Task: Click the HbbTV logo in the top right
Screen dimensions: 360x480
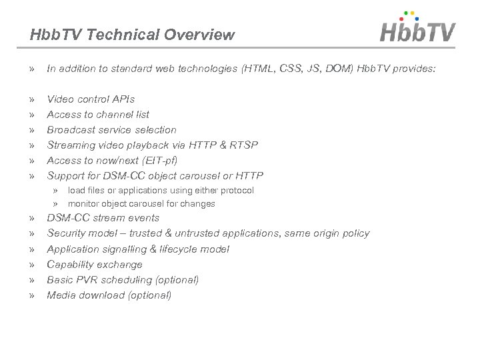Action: coord(418,29)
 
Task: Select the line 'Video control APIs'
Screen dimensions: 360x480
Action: coord(91,99)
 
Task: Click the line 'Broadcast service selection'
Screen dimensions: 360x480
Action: coord(111,129)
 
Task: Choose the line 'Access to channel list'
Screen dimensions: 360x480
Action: coord(98,115)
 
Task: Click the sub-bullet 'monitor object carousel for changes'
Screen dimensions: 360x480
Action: coord(141,203)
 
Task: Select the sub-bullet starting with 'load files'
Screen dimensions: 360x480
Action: coord(161,190)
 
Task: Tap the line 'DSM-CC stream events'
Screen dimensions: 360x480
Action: coord(103,218)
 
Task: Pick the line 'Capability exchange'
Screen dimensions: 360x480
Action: coord(95,264)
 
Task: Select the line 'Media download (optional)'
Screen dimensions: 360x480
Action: coord(109,295)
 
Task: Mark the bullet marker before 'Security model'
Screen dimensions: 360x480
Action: coord(33,233)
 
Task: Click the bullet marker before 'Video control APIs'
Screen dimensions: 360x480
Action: coord(33,99)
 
